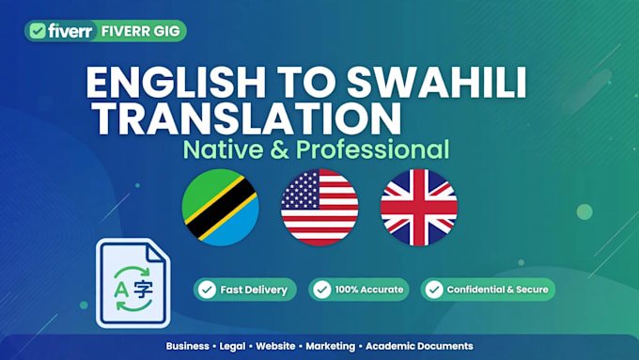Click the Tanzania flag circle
tap(220, 207)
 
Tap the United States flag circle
tap(319, 207)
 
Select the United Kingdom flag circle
tap(419, 207)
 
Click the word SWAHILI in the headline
tap(436, 83)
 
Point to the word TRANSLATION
tap(247, 118)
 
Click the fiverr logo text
tap(70, 31)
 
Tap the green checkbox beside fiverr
tap(38, 31)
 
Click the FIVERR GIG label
tap(141, 31)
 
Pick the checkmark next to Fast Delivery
tap(207, 290)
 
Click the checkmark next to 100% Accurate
tap(322, 290)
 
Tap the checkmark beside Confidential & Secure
tap(434, 290)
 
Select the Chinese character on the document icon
tap(144, 290)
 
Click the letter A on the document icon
tap(121, 290)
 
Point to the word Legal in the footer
tap(232, 346)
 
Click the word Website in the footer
tap(275, 346)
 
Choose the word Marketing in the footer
tap(331, 347)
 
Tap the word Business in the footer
tap(187, 346)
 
